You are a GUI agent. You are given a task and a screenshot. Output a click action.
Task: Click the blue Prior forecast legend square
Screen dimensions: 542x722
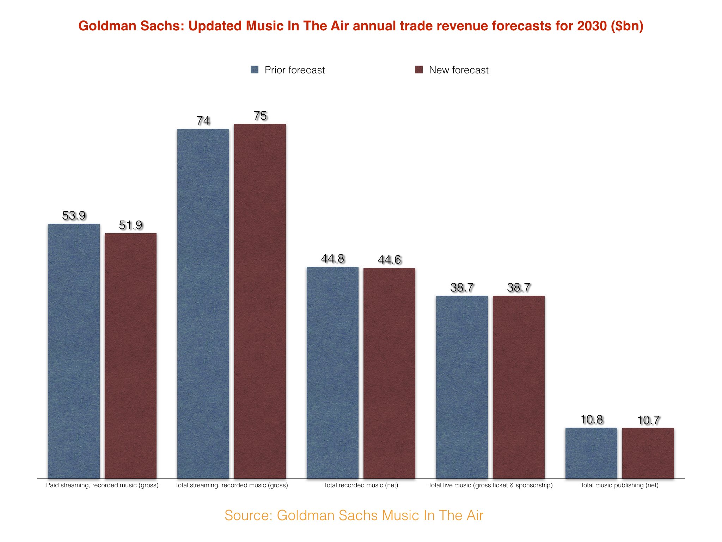pos(255,70)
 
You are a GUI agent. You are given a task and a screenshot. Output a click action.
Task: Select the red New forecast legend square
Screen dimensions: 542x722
pos(419,70)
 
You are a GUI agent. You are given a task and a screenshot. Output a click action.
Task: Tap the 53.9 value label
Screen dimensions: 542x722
pos(74,215)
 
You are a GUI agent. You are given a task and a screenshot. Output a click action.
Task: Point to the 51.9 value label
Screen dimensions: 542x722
pos(130,225)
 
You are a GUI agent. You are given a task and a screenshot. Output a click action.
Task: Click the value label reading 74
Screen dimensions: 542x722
pos(203,121)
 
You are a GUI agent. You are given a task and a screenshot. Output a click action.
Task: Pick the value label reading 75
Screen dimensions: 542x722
pos(260,116)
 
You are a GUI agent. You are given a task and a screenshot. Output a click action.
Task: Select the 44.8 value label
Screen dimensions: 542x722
pos(332,259)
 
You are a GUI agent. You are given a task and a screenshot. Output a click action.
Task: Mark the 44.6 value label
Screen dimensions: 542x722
pos(389,260)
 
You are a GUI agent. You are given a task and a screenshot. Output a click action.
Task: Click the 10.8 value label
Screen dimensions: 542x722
pos(592,420)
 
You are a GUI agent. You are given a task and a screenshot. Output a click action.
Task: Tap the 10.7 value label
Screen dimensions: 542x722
pos(648,420)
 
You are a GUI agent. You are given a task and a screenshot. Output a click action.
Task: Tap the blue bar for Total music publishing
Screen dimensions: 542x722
pos(592,453)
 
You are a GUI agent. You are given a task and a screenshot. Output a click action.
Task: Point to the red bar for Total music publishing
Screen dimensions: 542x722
pos(648,453)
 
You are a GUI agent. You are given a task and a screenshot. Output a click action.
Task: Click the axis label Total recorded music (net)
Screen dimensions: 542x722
pos(361,485)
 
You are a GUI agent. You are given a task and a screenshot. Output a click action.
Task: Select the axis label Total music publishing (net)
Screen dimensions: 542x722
pos(619,485)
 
